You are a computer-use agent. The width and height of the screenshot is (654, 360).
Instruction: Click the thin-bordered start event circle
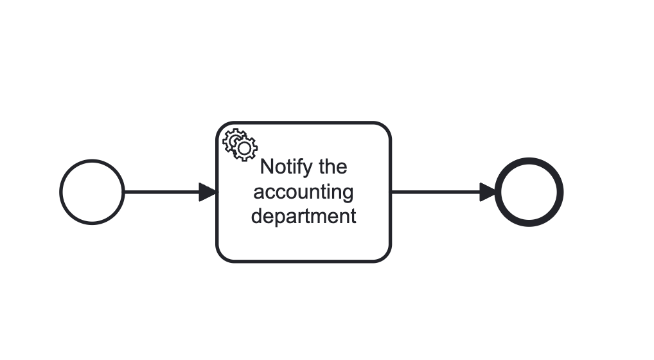(x=92, y=192)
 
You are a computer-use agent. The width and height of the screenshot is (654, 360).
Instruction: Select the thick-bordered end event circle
(x=529, y=192)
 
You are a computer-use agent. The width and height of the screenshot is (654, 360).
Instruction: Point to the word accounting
(x=303, y=192)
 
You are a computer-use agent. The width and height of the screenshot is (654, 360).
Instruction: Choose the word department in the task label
(x=303, y=216)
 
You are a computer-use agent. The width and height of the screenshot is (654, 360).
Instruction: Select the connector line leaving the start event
(x=161, y=192)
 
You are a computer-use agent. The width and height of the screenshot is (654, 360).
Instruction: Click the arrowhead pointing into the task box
(x=208, y=192)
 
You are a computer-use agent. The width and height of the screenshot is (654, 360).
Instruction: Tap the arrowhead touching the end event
(x=488, y=192)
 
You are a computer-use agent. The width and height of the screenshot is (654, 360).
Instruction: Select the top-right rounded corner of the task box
(x=385, y=127)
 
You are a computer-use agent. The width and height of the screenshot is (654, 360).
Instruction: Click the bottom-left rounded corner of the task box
(x=222, y=257)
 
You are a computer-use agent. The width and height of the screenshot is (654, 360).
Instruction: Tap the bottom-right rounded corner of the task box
(x=385, y=257)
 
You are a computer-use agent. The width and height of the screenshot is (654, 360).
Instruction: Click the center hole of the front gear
(x=244, y=148)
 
